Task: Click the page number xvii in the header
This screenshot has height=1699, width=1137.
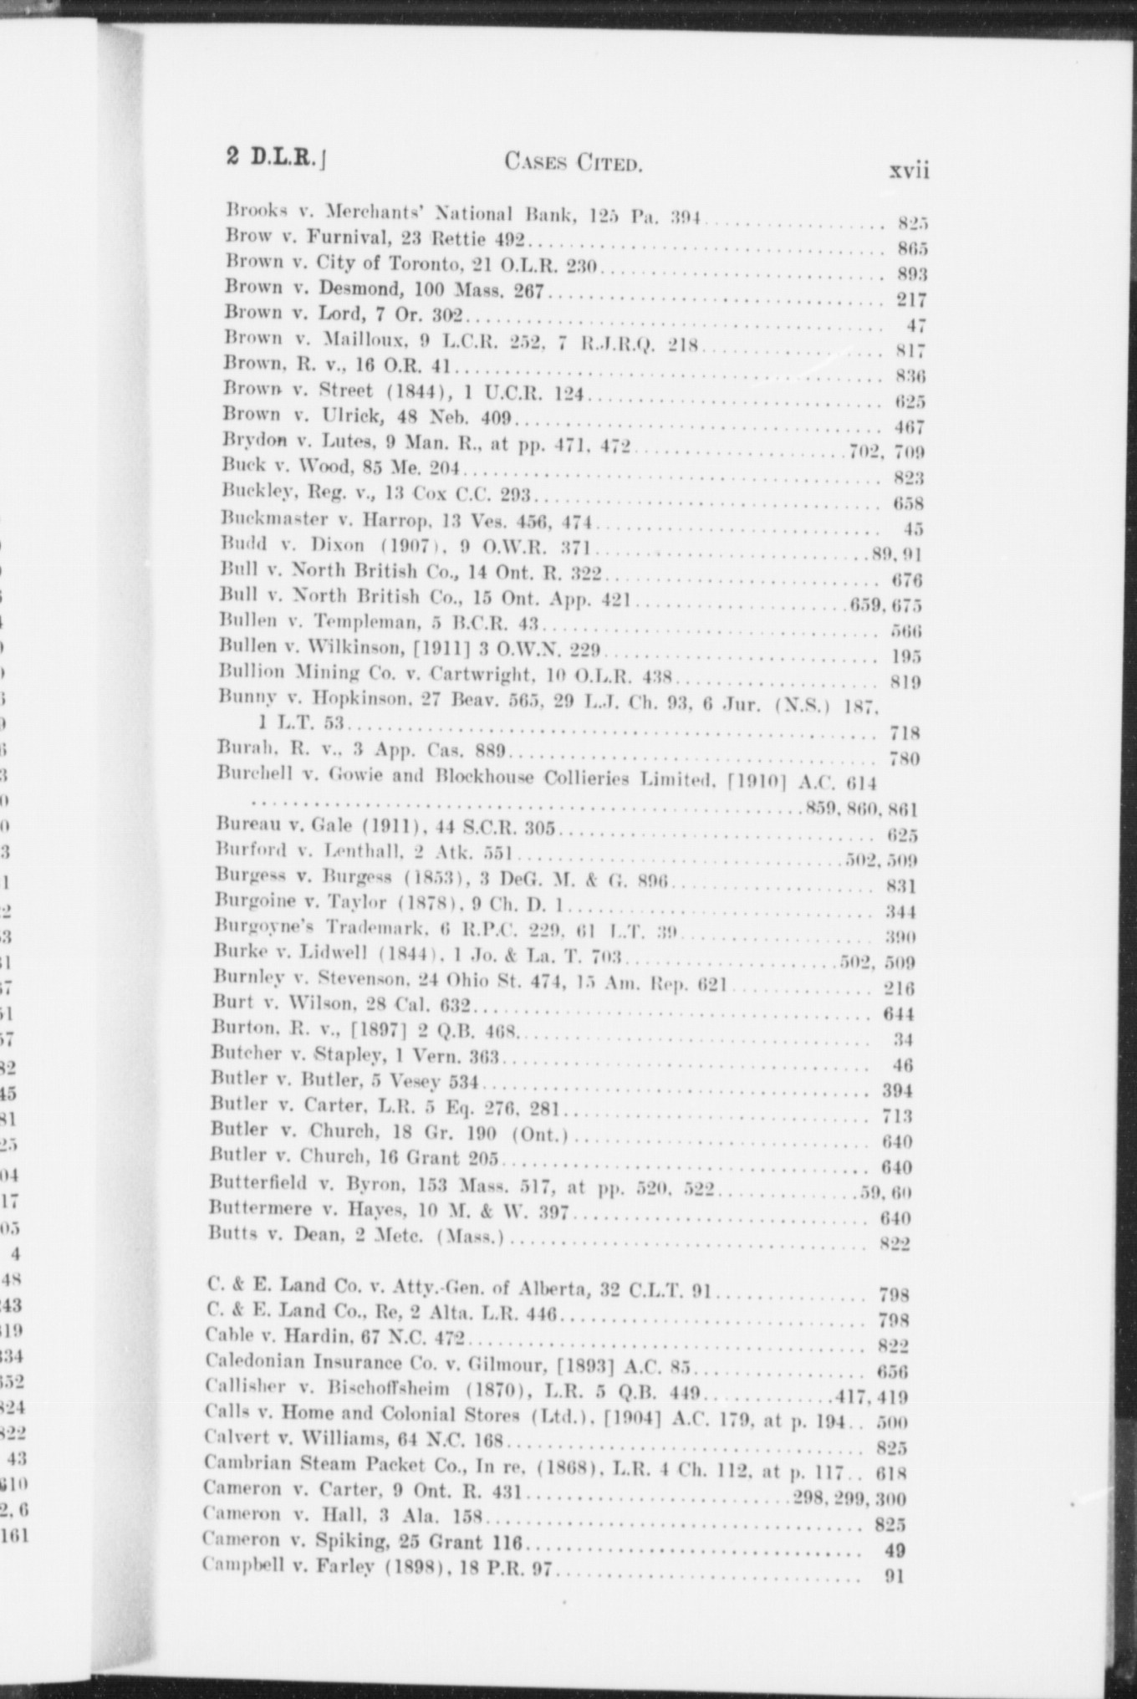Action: coord(909,170)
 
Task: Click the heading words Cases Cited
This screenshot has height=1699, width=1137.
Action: coord(574,162)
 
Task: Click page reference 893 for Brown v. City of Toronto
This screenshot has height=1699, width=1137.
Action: coord(912,274)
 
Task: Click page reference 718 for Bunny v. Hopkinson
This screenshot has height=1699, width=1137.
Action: coord(905,733)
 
